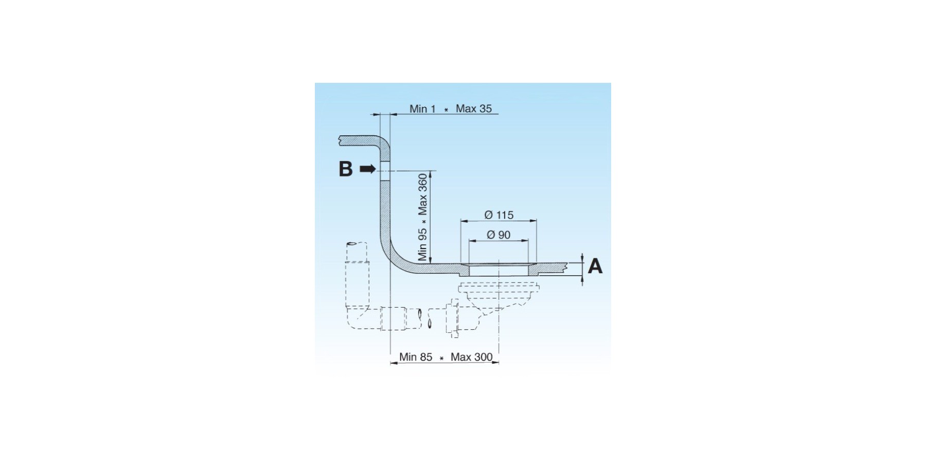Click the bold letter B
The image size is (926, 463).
pos(346,169)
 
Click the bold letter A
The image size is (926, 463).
pos(595,266)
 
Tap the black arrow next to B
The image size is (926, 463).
pos(368,169)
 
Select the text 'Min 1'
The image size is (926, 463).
pos(422,109)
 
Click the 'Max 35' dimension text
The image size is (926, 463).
pos(474,109)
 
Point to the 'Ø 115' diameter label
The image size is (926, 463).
pos(499,215)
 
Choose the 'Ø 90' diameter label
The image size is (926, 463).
pos(498,235)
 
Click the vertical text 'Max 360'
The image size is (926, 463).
pos(422,194)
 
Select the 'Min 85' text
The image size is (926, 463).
pos(416,357)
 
